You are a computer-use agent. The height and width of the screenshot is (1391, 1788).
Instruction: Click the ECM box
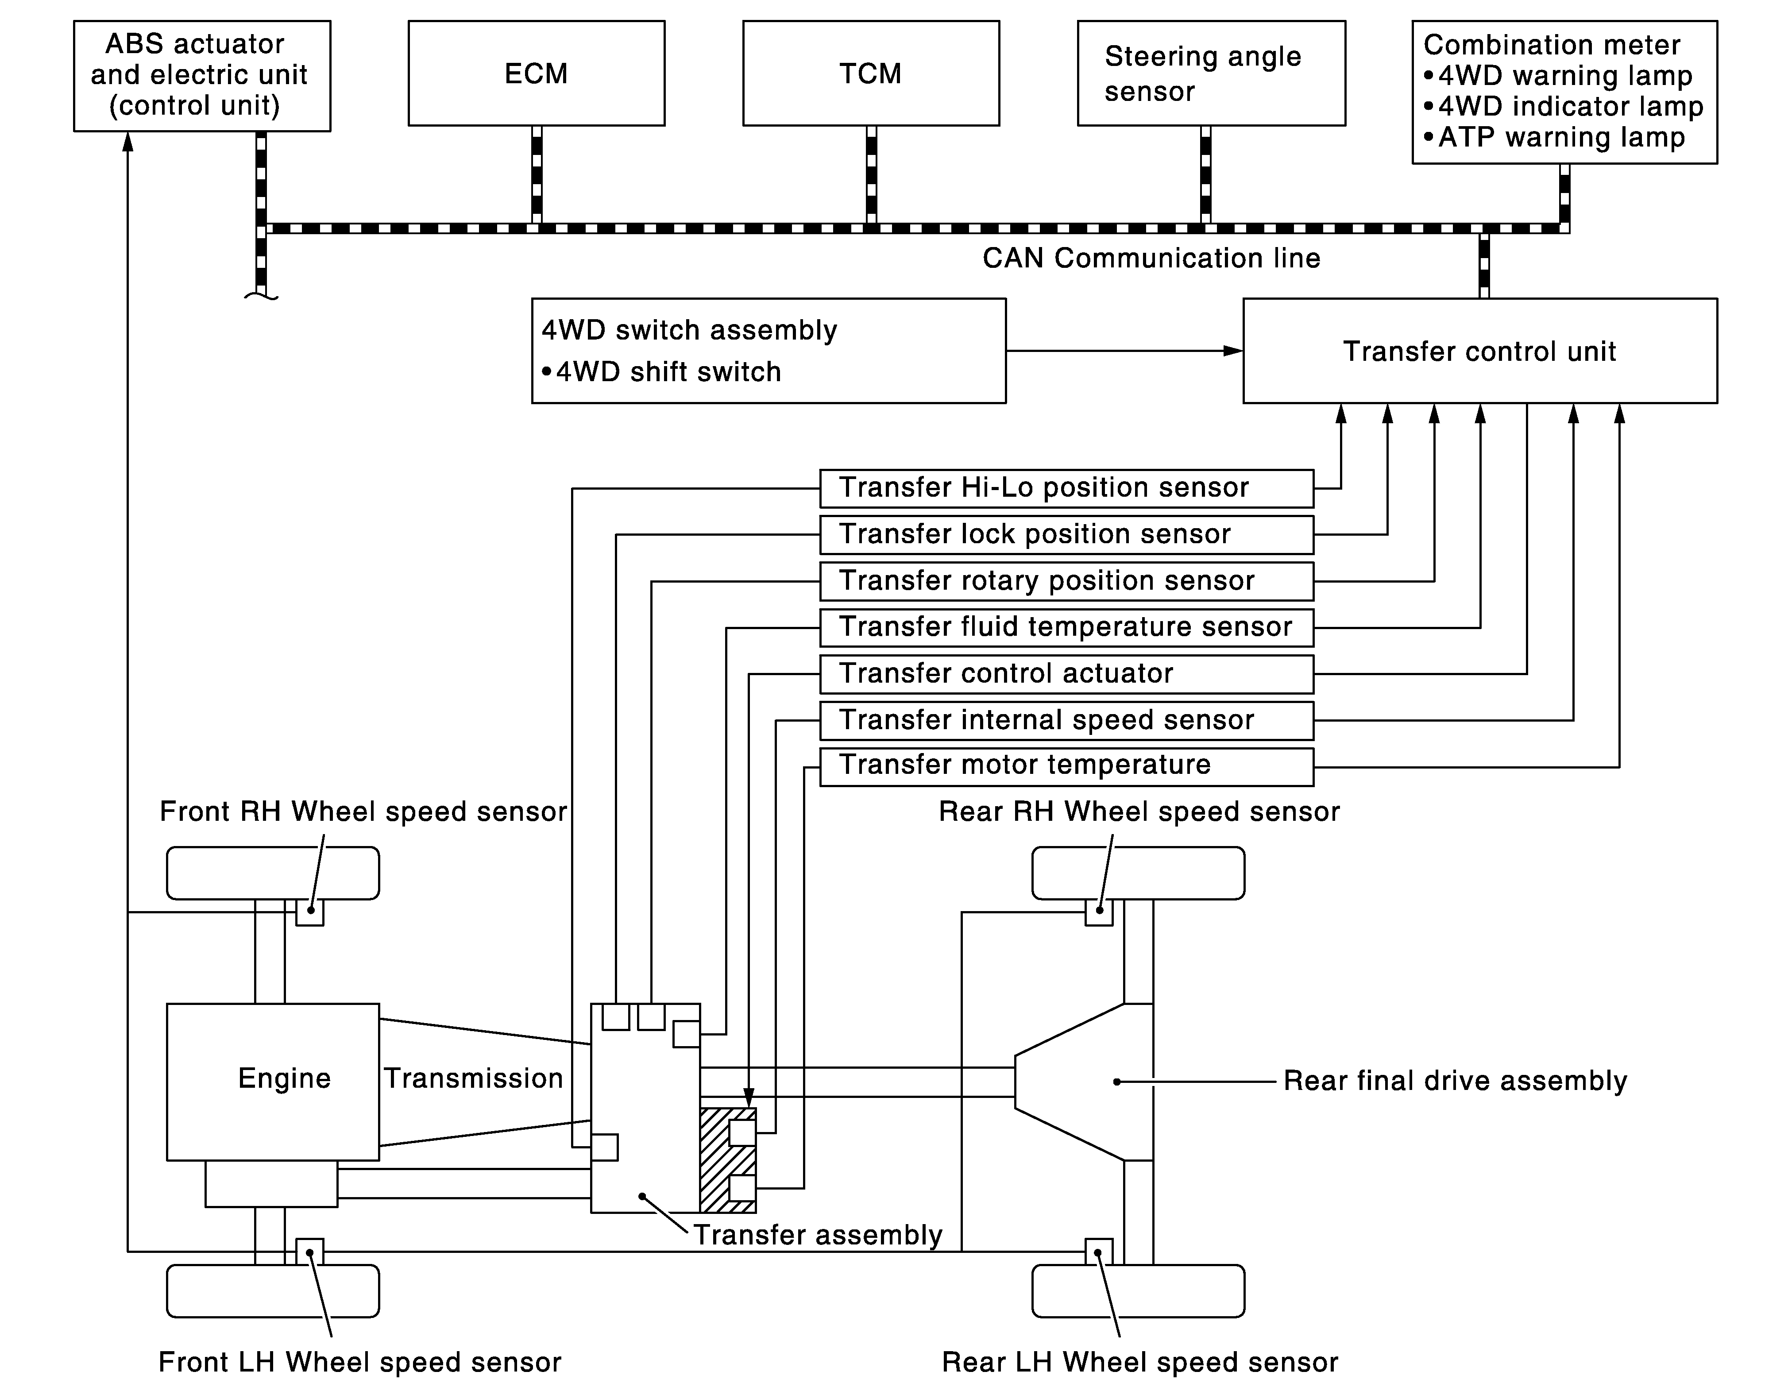536,73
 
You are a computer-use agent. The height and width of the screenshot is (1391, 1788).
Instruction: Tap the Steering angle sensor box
1211,73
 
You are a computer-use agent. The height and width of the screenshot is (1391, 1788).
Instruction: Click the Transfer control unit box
1479,351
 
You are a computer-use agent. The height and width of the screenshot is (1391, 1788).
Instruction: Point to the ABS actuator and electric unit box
201,75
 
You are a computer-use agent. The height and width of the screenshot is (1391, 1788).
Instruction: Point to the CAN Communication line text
1151,259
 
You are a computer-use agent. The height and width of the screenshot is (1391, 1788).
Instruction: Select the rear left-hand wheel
1138,1291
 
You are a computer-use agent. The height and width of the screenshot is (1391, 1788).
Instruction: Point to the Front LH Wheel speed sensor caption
359,1362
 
